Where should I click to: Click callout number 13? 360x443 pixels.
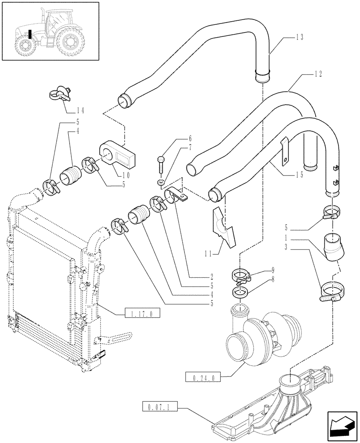299,38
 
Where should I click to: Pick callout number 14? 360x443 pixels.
81,110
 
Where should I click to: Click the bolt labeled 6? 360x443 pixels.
161,166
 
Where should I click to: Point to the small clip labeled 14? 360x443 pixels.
59,93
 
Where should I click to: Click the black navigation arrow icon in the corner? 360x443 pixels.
342,427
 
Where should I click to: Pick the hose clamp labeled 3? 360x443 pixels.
330,292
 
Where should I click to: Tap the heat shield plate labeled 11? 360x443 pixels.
223,225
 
